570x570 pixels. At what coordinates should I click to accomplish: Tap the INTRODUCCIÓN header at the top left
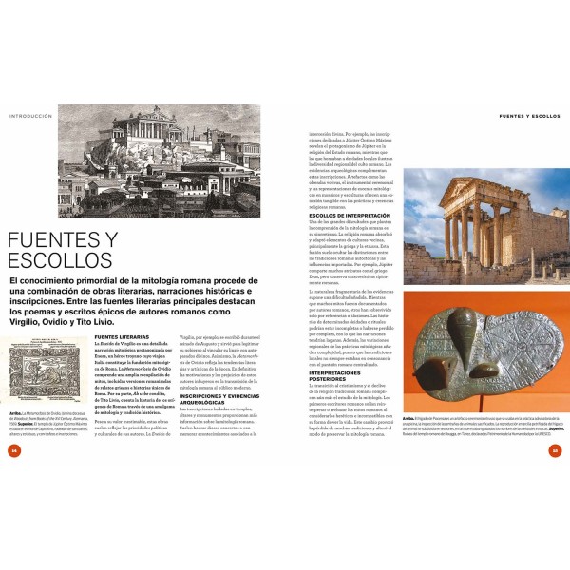pyautogui.click(x=29, y=117)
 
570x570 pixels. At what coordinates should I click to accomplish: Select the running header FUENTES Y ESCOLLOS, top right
pyautogui.click(x=527, y=117)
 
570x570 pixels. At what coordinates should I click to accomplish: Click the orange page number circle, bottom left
pyautogui.click(x=14, y=450)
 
